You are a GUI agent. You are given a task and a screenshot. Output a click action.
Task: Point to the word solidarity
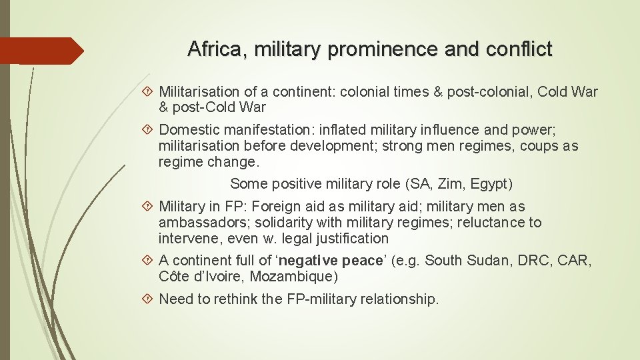285,223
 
